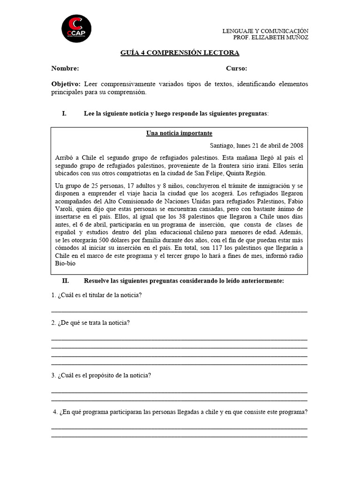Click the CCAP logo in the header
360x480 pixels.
(x=76, y=28)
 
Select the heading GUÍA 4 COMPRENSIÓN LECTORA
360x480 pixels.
(x=180, y=53)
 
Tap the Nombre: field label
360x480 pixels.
(x=65, y=68)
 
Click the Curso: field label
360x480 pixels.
(x=237, y=68)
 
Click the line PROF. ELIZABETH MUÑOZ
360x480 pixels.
(x=270, y=37)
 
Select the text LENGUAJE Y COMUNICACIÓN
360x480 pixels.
(x=265, y=31)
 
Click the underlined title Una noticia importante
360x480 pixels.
(x=179, y=134)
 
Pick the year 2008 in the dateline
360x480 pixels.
(x=296, y=146)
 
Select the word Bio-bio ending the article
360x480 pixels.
(x=65, y=263)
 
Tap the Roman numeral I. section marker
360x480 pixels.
(x=65, y=114)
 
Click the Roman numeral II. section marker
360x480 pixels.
(x=66, y=281)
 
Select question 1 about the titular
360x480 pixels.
(x=97, y=295)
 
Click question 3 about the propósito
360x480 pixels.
(x=101, y=375)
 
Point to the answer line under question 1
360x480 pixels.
(x=179, y=311)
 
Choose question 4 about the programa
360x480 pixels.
(x=180, y=412)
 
